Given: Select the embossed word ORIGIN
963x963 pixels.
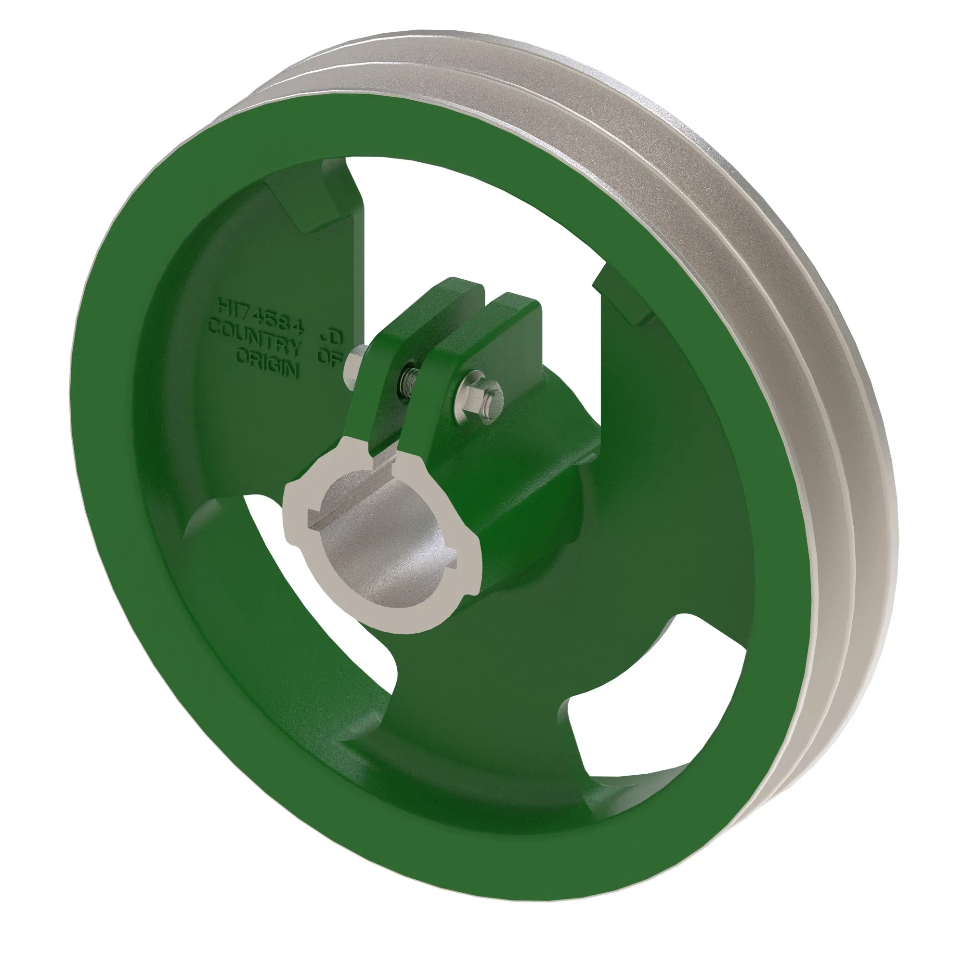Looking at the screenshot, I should tap(267, 358).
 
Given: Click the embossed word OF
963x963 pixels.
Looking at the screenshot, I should tap(329, 357).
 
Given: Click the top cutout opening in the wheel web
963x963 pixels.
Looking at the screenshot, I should tap(479, 219).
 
